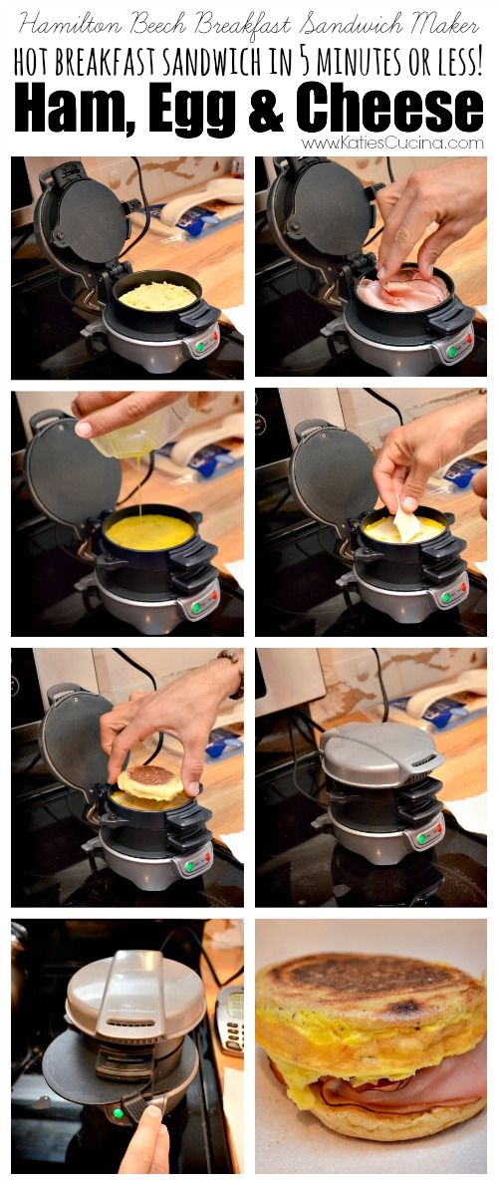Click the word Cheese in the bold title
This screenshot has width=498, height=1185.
[390, 109]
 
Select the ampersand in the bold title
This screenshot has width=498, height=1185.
[265, 110]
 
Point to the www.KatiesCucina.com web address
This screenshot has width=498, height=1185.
[391, 143]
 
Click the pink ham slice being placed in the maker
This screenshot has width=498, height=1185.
[402, 291]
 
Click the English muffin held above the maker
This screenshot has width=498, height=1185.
[149, 782]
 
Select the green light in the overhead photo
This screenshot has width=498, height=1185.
[118, 1112]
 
